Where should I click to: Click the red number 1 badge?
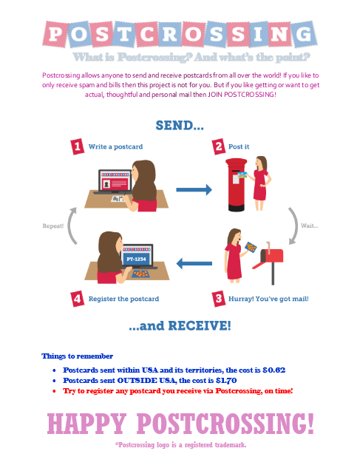point(78,146)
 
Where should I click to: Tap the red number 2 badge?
point(219,146)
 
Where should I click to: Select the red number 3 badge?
point(219,299)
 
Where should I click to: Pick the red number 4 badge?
point(78,299)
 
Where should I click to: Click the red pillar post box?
point(236,185)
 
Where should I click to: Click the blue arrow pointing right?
point(194,189)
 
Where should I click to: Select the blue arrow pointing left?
point(194,263)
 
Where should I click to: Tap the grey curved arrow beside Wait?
point(295,226)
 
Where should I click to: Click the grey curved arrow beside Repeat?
point(69,226)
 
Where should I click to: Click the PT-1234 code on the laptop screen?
point(136,259)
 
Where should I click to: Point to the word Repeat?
point(53,226)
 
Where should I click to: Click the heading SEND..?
point(180,126)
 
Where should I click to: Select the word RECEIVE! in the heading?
point(200,325)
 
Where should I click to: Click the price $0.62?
point(274,370)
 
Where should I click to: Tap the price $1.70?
point(226,381)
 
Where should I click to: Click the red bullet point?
point(54,391)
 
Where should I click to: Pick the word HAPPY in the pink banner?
point(87,424)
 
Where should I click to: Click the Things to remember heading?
point(78,356)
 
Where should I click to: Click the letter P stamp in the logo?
point(55,34)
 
